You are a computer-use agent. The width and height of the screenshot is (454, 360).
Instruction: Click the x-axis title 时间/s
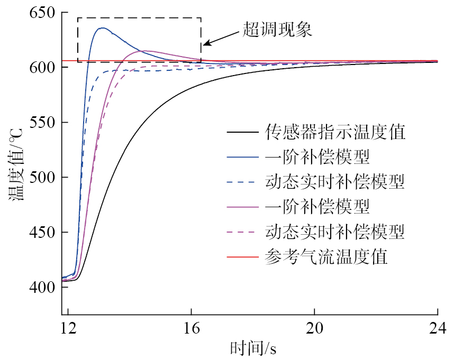pyautogui.click(x=253, y=348)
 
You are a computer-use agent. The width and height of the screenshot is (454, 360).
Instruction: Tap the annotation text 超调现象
pyautogui.click(x=277, y=29)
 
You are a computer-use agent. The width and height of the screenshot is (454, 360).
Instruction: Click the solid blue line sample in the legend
pyautogui.click(x=241, y=158)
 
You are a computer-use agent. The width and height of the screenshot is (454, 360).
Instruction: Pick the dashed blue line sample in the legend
pyautogui.click(x=241, y=182)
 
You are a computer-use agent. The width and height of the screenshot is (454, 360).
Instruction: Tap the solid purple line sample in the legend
pyautogui.click(x=241, y=207)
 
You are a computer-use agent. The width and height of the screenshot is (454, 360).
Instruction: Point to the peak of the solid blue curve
pyautogui.click(x=102, y=28)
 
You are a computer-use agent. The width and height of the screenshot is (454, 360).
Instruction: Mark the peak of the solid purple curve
pyautogui.click(x=144, y=51)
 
